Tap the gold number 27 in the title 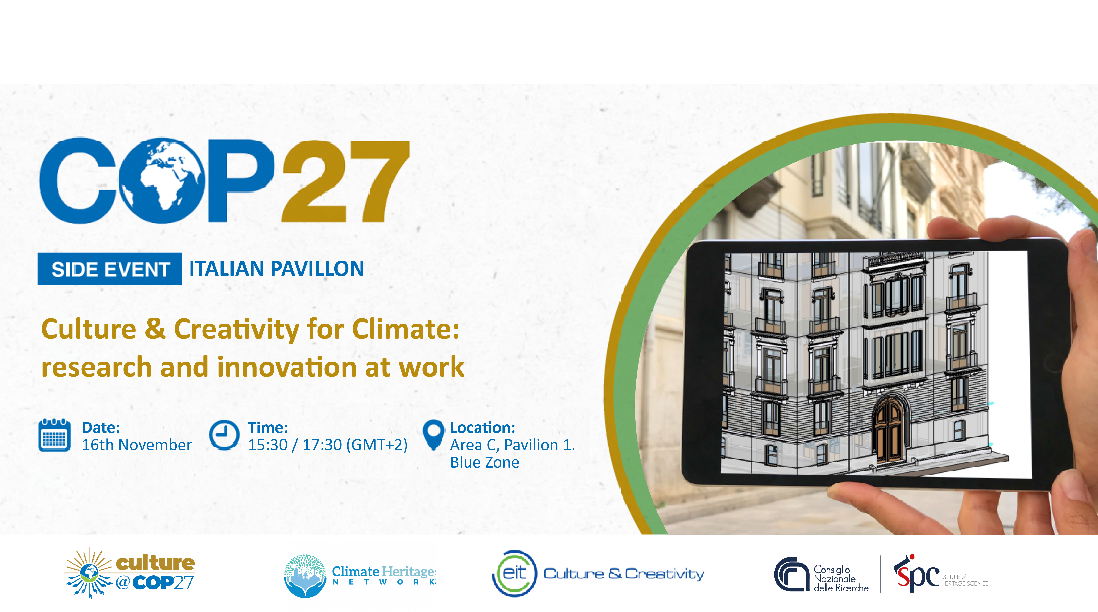coord(345,181)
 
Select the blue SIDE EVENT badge coord(109,269)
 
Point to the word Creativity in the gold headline coord(237,330)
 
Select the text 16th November coord(136,445)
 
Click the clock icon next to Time coord(224,435)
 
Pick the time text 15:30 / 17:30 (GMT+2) coord(328,445)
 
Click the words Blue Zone coord(485,462)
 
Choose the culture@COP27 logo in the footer coord(129,573)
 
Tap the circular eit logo coord(514,573)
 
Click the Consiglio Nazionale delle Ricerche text coord(841,579)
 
